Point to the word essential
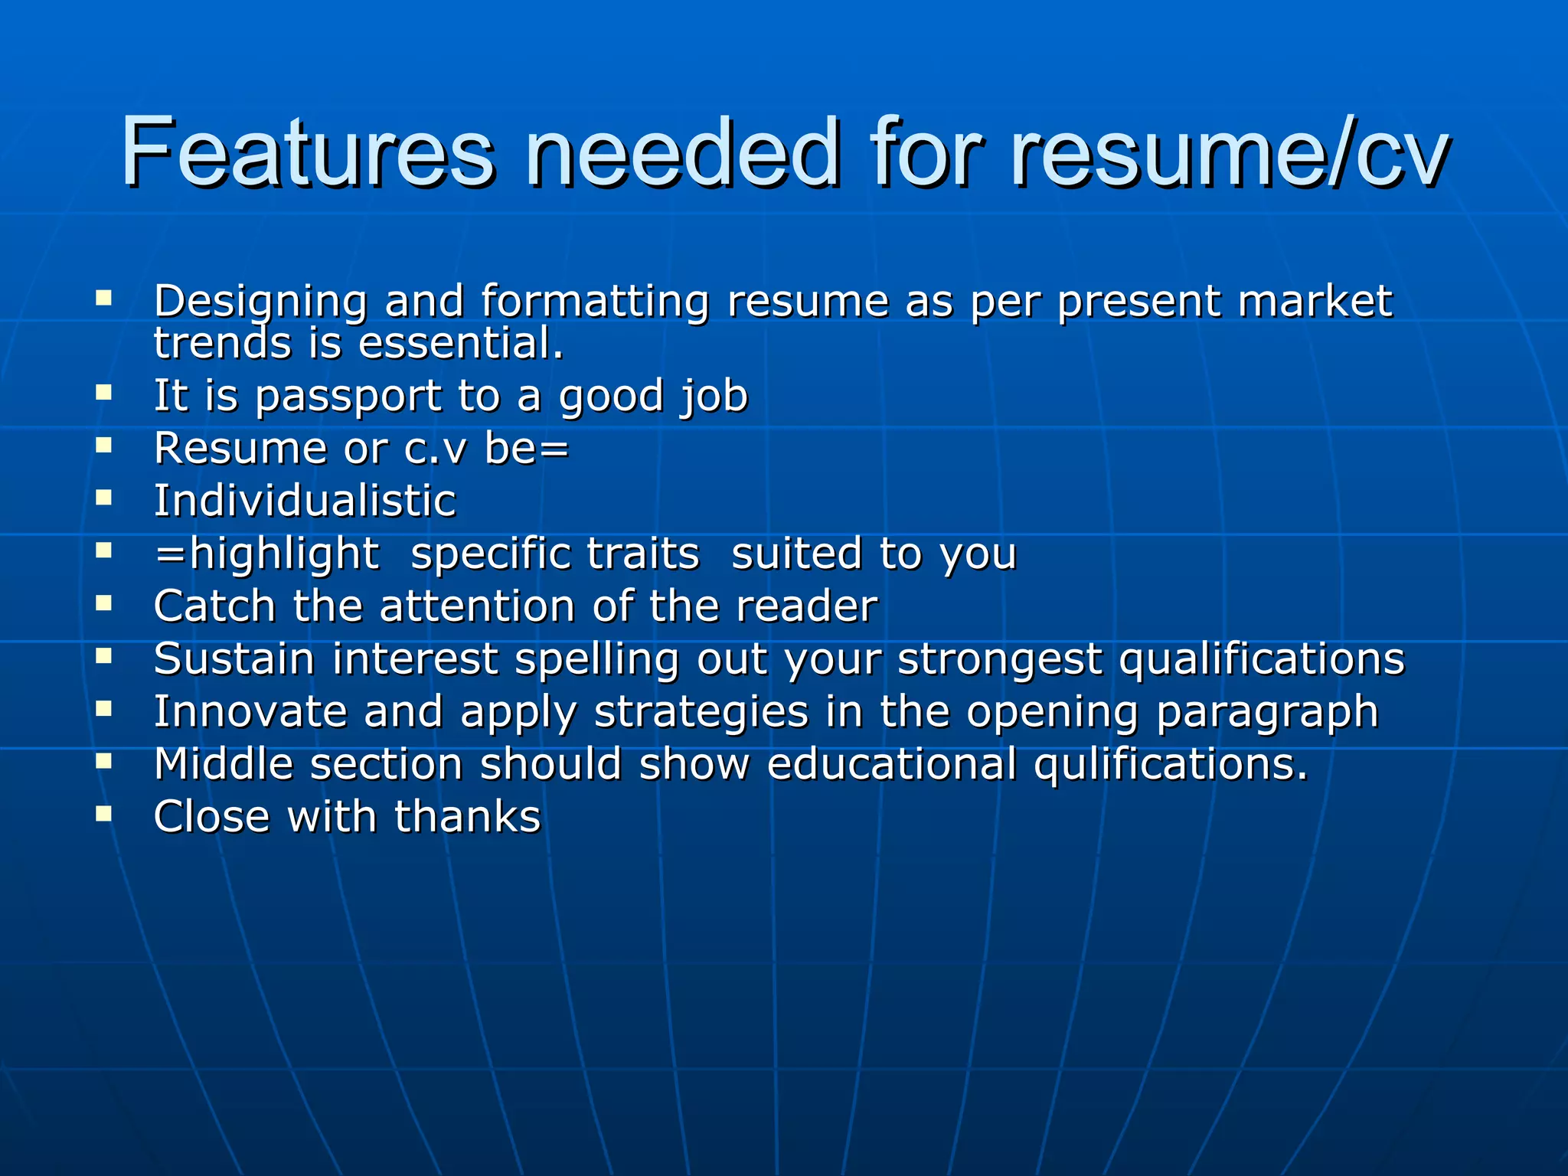click(x=461, y=344)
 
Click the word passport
click(x=348, y=397)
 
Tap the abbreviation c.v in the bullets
click(x=434, y=449)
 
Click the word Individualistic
click(x=305, y=501)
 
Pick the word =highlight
click(x=266, y=554)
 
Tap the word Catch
click(x=214, y=606)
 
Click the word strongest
click(x=999, y=659)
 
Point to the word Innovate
click(x=250, y=712)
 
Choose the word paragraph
click(x=1267, y=712)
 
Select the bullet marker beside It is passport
click(x=104, y=392)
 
